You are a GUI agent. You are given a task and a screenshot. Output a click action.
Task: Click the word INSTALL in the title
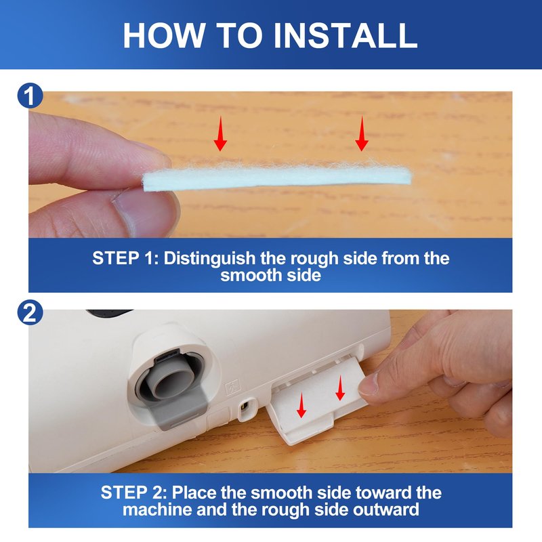[346, 35]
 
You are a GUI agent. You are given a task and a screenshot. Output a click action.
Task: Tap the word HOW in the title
[164, 35]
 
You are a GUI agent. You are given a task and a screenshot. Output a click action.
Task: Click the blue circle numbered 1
[30, 96]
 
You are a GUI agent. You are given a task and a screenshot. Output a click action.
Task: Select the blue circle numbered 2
[30, 312]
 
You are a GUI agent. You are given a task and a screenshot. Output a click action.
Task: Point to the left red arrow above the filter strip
[220, 133]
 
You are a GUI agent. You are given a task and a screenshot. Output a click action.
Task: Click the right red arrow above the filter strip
[362, 133]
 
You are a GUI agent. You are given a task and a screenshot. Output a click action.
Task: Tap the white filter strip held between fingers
[277, 178]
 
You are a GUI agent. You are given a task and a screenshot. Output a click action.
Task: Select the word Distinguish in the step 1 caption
[209, 259]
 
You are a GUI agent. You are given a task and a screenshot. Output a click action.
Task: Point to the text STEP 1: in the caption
[125, 258]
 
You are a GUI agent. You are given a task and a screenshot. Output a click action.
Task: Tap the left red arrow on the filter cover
[301, 405]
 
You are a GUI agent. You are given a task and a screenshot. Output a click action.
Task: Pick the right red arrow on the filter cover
[341, 388]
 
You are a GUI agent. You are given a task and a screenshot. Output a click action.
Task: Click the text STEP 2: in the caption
[133, 493]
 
